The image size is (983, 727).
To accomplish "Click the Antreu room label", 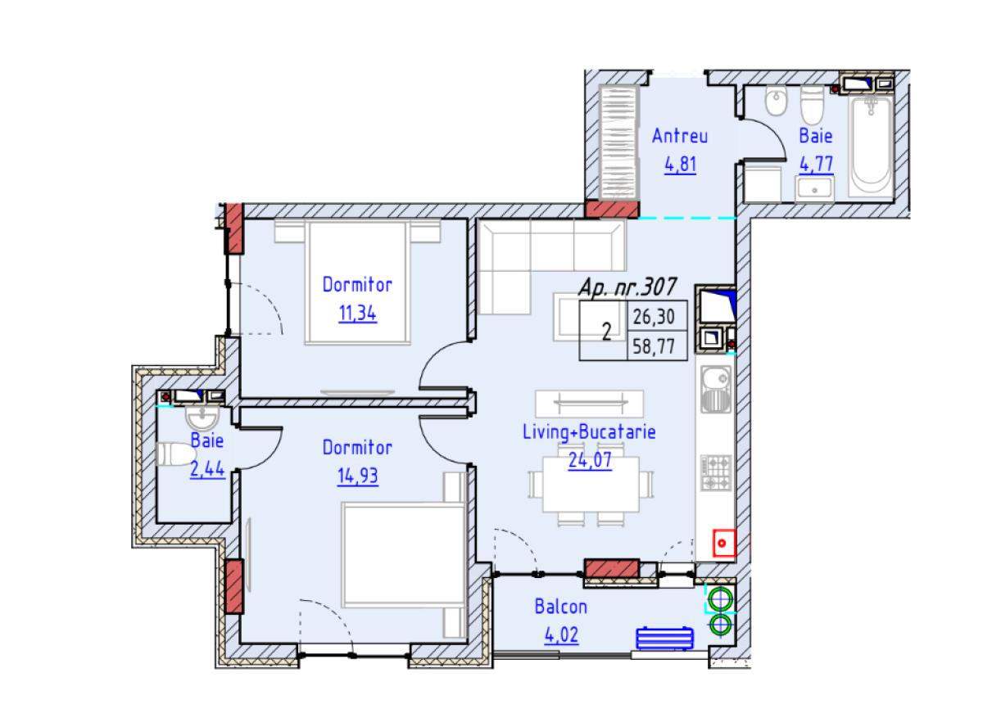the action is click(679, 136).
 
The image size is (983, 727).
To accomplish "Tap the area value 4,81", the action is click(680, 165).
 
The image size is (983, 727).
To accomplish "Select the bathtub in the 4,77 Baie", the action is click(871, 147).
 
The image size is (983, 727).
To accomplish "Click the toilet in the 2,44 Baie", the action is click(176, 454).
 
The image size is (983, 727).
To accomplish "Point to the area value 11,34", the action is click(357, 314).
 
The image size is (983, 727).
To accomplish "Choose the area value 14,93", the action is click(357, 476).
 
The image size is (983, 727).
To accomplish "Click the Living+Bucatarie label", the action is click(589, 432).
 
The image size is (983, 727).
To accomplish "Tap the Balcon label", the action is click(560, 607).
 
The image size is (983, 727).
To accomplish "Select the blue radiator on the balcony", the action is click(664, 639).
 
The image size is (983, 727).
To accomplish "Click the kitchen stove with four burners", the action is click(715, 472).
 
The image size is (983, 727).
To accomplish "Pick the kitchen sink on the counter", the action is click(715, 390).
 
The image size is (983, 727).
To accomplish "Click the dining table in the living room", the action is click(591, 484).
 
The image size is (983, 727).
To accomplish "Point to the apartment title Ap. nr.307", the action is click(627, 287).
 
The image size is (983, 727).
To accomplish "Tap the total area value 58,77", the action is click(654, 346).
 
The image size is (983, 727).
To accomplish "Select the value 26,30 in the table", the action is click(654, 317).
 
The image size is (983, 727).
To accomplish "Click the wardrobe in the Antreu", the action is click(618, 142).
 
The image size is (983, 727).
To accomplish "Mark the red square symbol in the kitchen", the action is click(723, 543).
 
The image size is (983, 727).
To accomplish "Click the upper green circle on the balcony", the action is click(720, 599).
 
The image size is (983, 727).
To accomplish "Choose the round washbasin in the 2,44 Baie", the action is click(202, 418).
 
